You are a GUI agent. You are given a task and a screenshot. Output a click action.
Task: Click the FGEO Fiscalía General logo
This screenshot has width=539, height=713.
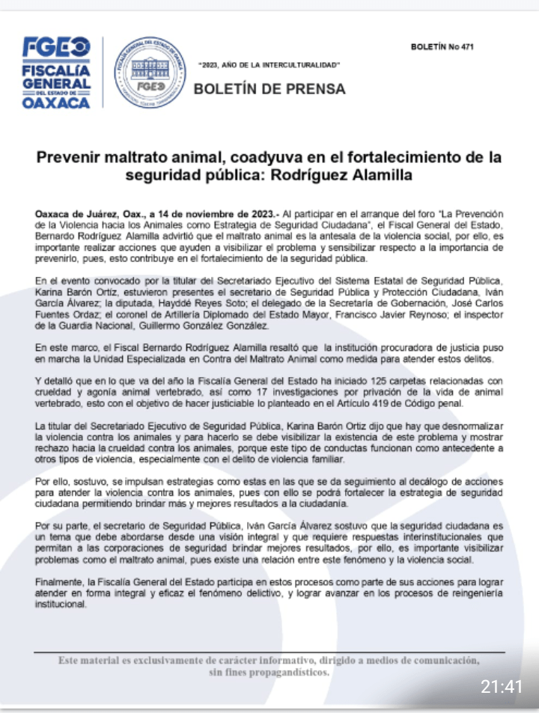(x=57, y=73)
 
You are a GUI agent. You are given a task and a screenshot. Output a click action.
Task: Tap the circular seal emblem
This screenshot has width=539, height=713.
(x=150, y=73)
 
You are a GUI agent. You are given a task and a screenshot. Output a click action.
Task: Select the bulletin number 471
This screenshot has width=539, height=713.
(x=442, y=47)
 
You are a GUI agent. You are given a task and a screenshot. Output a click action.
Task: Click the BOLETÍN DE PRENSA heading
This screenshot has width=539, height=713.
(x=269, y=89)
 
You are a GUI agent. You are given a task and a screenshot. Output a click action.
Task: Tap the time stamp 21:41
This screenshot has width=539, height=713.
(x=501, y=686)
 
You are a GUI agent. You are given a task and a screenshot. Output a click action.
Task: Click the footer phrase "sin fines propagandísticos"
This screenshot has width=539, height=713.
(x=269, y=672)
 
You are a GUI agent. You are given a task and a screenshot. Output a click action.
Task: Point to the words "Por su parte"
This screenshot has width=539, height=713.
(x=60, y=526)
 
